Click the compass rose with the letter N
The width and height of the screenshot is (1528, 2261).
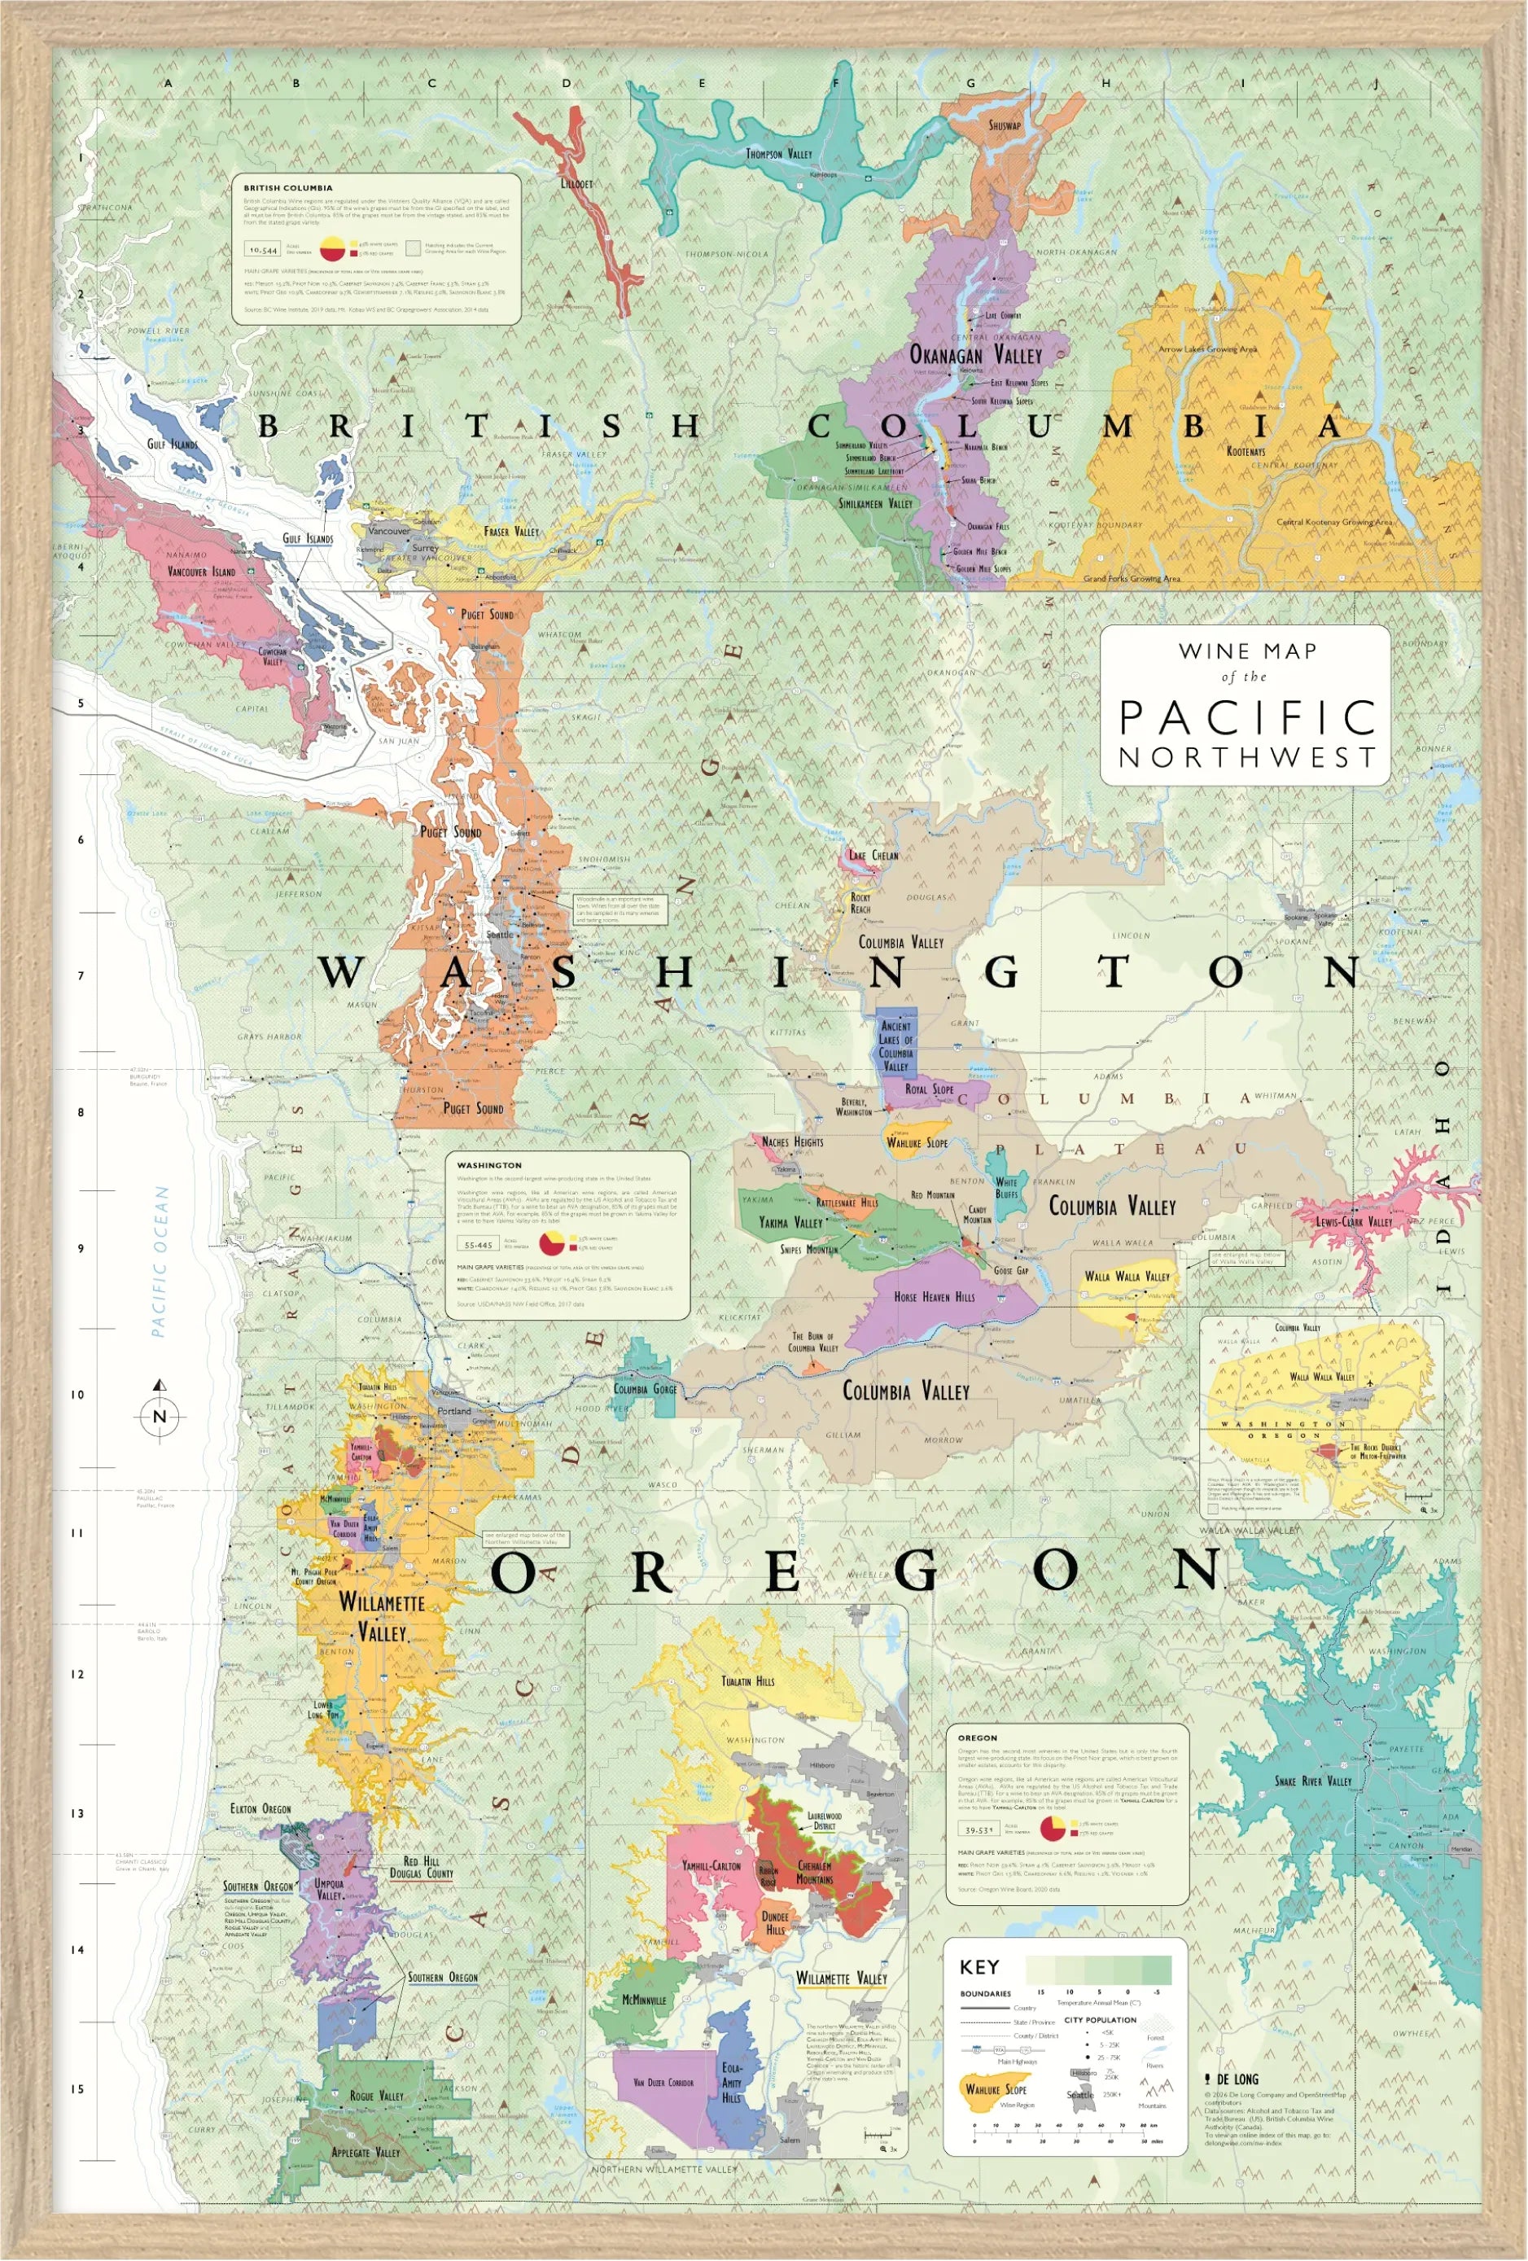(x=160, y=1416)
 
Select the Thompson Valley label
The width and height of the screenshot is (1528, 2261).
(x=778, y=154)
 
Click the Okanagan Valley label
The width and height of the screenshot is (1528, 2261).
(x=974, y=355)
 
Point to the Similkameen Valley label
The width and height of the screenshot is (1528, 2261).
(x=875, y=503)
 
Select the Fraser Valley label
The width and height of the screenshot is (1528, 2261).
(x=510, y=531)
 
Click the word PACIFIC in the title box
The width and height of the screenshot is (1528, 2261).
(x=1246, y=718)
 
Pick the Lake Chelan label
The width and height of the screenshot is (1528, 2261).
(x=873, y=855)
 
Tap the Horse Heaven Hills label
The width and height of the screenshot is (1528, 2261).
(x=934, y=1297)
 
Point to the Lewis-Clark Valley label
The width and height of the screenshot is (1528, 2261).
(x=1353, y=1221)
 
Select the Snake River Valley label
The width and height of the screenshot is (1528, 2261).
(x=1313, y=1781)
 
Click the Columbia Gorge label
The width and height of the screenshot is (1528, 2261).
(x=644, y=1389)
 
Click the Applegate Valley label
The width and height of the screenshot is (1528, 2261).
(x=366, y=2152)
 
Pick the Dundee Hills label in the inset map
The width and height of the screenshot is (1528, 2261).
(x=774, y=1923)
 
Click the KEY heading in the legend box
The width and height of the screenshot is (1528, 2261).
(x=979, y=1967)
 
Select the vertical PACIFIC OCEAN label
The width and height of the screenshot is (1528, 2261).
(x=160, y=1262)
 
